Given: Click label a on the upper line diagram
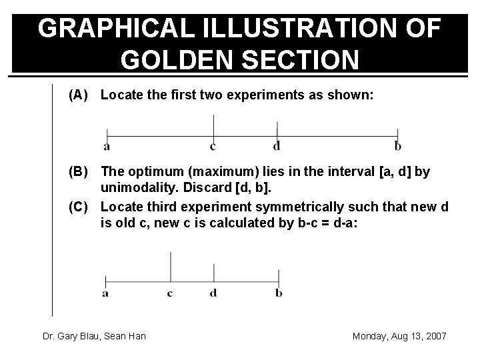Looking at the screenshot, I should (106, 146).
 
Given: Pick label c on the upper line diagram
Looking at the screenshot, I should (213, 146).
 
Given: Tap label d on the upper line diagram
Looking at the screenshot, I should (277, 146).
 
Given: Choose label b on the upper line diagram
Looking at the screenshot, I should (398, 146).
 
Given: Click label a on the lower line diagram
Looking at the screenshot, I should (105, 292).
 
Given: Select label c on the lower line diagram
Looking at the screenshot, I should (170, 292).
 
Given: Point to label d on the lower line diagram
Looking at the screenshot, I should (213, 292).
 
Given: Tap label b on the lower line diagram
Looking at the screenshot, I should (279, 292).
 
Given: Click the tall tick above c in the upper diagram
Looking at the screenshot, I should (213, 125).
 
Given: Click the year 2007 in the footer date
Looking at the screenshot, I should (434, 336).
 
